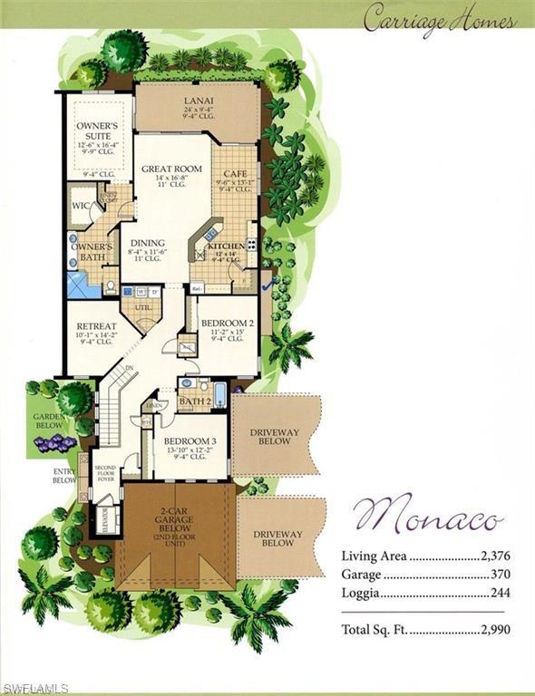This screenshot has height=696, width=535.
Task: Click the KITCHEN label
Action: click(224, 246)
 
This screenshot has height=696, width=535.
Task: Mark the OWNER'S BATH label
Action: click(92, 251)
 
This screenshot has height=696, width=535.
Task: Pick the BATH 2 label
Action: click(195, 401)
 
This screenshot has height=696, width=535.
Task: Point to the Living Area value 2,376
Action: click(490, 556)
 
